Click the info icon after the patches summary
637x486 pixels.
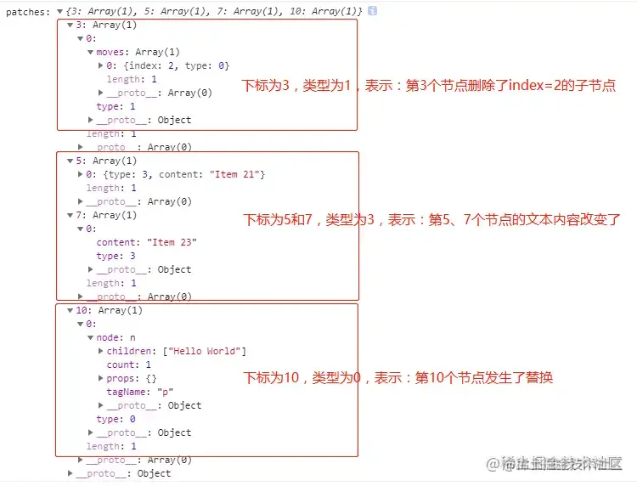pyautogui.click(x=373, y=11)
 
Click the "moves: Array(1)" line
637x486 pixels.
pyautogui.click(x=132, y=52)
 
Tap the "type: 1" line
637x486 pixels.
pyautogui.click(x=116, y=106)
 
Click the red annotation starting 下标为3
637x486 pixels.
pyautogui.click(x=429, y=86)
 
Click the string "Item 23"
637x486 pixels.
pyautogui.click(x=172, y=242)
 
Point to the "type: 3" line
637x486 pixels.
pyautogui.click(x=116, y=256)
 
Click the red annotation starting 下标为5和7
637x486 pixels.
pyautogui.click(x=432, y=220)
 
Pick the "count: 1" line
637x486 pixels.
pyautogui.click(x=128, y=364)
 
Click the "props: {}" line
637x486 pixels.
pyautogui.click(x=132, y=378)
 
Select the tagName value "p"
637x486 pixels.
pyautogui.click(x=165, y=392)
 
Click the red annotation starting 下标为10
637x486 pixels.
pyautogui.click(x=398, y=377)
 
